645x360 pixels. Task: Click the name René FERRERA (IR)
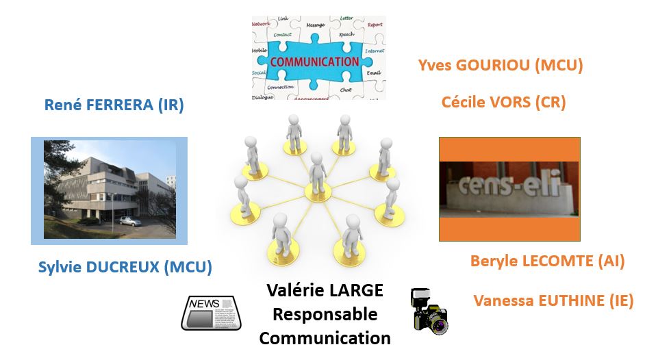pos(114,105)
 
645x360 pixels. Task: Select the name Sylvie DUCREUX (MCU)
pos(125,267)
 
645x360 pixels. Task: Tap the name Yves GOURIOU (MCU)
pos(500,66)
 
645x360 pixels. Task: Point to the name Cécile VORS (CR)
pos(503,103)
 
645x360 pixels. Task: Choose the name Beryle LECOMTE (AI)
pos(547,261)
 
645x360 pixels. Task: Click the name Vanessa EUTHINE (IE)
pos(553,300)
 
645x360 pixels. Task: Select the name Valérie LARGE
pos(325,291)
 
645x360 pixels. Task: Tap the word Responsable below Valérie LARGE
pos(325,314)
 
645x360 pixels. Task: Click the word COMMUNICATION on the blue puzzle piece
pos(314,62)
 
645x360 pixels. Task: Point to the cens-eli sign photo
pos(509,189)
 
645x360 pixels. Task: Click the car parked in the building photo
pos(129,220)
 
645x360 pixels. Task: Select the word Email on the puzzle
pos(373,72)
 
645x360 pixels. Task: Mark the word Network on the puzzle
pos(261,24)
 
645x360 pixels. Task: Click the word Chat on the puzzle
pos(346,90)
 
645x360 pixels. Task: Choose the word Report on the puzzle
pos(375,25)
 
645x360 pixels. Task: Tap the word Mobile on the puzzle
pos(260,51)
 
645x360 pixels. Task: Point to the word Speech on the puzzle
pos(346,34)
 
